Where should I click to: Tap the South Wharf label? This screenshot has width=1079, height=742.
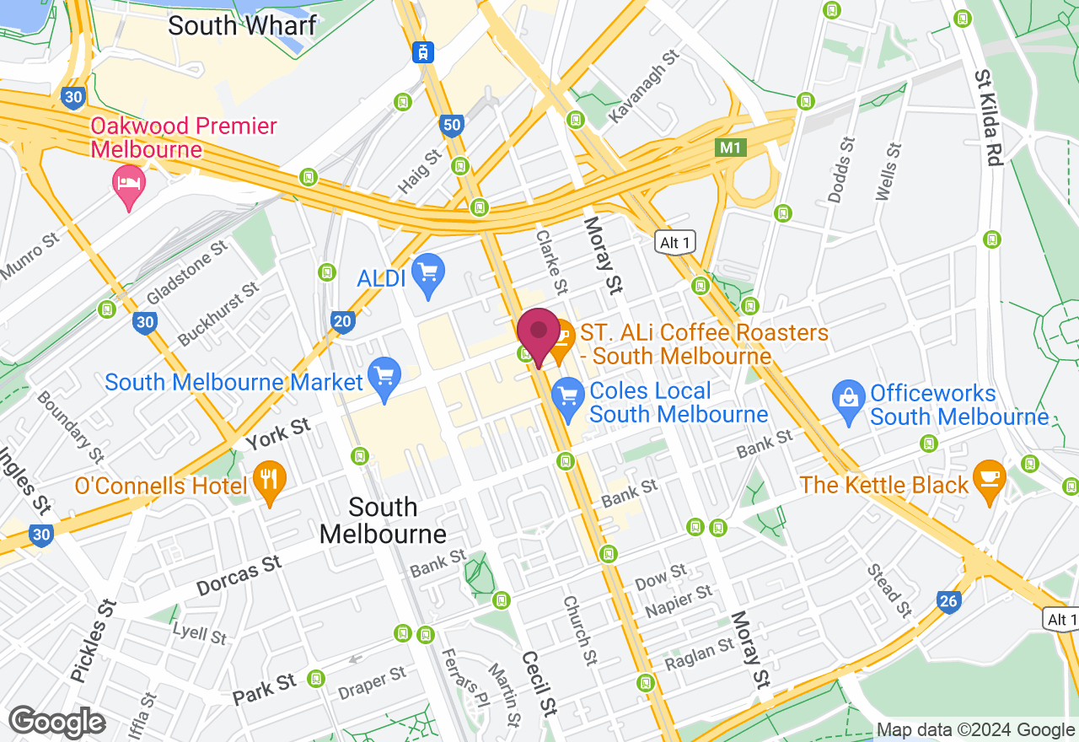pyautogui.click(x=242, y=24)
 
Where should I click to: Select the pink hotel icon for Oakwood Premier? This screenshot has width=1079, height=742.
pyautogui.click(x=128, y=185)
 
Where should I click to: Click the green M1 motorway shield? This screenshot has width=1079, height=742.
pyautogui.click(x=730, y=148)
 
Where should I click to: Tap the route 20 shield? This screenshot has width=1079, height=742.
pyautogui.click(x=342, y=321)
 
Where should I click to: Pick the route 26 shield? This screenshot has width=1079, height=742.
pyautogui.click(x=949, y=601)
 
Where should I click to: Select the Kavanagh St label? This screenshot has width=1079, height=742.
pyautogui.click(x=644, y=86)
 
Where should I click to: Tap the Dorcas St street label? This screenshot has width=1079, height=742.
pyautogui.click(x=239, y=576)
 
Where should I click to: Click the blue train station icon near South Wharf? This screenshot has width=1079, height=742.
pyautogui.click(x=423, y=51)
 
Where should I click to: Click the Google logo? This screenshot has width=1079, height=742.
pyautogui.click(x=57, y=723)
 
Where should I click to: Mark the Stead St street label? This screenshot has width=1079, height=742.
pyautogui.click(x=889, y=589)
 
